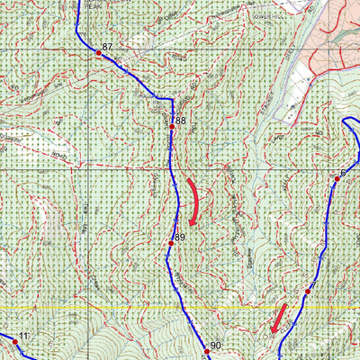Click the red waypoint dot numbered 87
tap(99, 54)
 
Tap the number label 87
tap(108, 46)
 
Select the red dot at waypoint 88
tap(171, 127)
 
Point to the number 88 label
tap(180, 120)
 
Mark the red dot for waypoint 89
tap(170, 244)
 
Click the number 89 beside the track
tap(179, 237)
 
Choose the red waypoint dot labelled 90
tap(205, 352)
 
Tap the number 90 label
tap(215, 345)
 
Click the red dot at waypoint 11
tap(14, 342)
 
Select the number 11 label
tap(24, 336)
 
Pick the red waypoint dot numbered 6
tap(337, 179)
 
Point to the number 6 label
tap(344, 172)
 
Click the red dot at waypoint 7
tap(307, 292)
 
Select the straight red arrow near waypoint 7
tap(280, 318)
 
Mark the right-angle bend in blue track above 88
tap(171, 100)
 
